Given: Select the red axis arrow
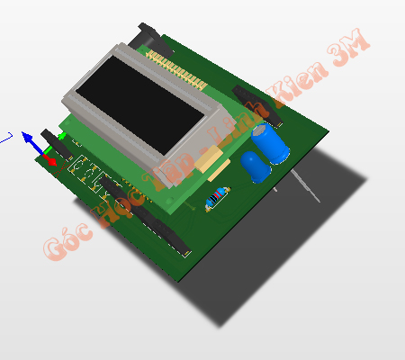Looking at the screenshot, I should (x=49, y=160).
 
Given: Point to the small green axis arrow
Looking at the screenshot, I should (x=60, y=136).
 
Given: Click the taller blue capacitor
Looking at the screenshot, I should (x=271, y=143).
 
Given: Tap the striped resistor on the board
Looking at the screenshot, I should (x=217, y=197).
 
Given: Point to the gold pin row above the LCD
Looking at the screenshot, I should (x=175, y=68).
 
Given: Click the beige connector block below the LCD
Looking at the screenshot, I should (x=212, y=163).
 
